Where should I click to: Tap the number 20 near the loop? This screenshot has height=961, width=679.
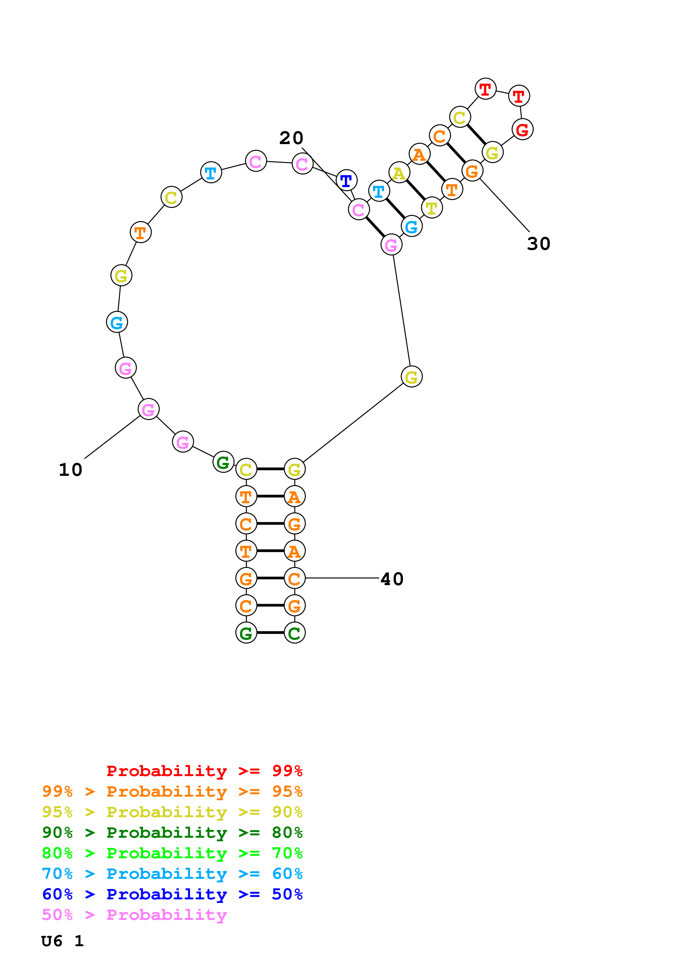click(x=291, y=138)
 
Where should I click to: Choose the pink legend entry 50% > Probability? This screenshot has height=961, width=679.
click(x=134, y=915)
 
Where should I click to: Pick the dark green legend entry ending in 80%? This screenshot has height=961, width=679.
click(x=172, y=833)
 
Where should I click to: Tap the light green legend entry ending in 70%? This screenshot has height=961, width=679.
click(x=172, y=853)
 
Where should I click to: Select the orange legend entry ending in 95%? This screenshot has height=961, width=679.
click(x=172, y=791)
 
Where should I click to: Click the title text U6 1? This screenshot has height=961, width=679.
click(x=62, y=941)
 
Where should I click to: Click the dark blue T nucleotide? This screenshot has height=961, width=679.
click(x=346, y=181)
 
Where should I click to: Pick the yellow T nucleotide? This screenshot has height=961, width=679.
click(x=432, y=208)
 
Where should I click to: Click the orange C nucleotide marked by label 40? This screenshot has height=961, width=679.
click(x=294, y=579)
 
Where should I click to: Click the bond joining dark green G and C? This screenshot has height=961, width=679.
click(x=270, y=633)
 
